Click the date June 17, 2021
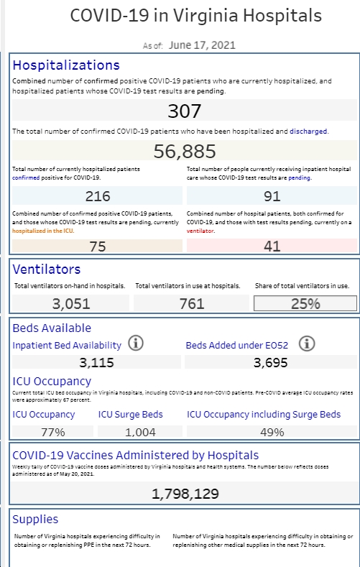pyautogui.click(x=202, y=45)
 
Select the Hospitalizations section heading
pyautogui.click(x=66, y=65)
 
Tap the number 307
pyautogui.click(x=185, y=111)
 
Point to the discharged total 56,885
pyautogui.click(x=185, y=151)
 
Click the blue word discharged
pyautogui.click(x=308, y=132)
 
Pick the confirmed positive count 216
pyautogui.click(x=98, y=196)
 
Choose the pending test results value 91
pyautogui.click(x=272, y=196)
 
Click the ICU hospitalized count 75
pyautogui.click(x=98, y=246)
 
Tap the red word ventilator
pyautogui.click(x=200, y=231)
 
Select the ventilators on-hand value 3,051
pyautogui.click(x=71, y=304)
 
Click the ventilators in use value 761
pyautogui.click(x=192, y=304)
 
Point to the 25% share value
pyautogui.click(x=305, y=304)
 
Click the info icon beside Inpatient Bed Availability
pyautogui.click(x=136, y=344)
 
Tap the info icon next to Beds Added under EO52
pyautogui.click(x=307, y=344)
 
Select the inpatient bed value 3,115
pyautogui.click(x=96, y=362)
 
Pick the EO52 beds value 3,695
pyautogui.click(x=271, y=362)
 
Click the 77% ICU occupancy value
pyautogui.click(x=52, y=432)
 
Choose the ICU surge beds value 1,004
pyautogui.click(x=140, y=432)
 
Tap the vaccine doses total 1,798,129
pyautogui.click(x=185, y=494)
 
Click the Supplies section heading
pyautogui.click(x=35, y=520)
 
